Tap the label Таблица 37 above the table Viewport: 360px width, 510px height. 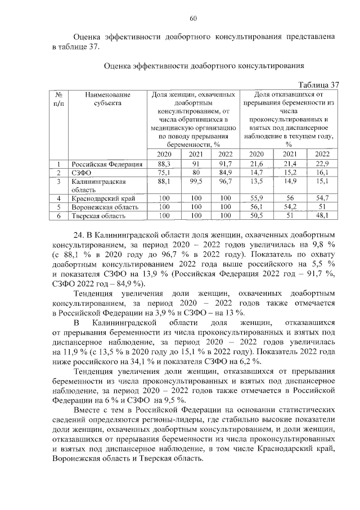(x=317, y=84)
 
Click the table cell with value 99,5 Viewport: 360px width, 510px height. (x=195, y=182)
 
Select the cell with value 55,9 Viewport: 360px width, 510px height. (x=256, y=198)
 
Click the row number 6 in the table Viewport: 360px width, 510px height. (x=58, y=215)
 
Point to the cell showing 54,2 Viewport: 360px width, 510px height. (x=290, y=207)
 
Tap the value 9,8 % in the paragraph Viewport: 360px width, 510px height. (x=326, y=245)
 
